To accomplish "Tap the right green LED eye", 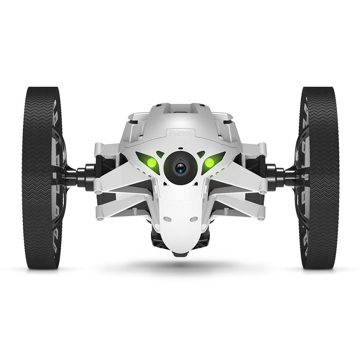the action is [209, 163].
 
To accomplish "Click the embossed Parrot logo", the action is [180, 133].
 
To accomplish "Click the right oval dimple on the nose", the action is [194, 218].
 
